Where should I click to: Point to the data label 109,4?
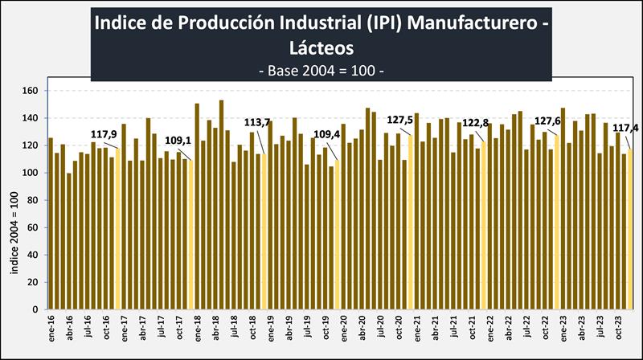click(326, 134)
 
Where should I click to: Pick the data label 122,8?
click(475, 123)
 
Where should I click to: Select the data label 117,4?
click(625, 128)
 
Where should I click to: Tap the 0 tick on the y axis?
click(35, 309)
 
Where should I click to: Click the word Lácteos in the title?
click(321, 47)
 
